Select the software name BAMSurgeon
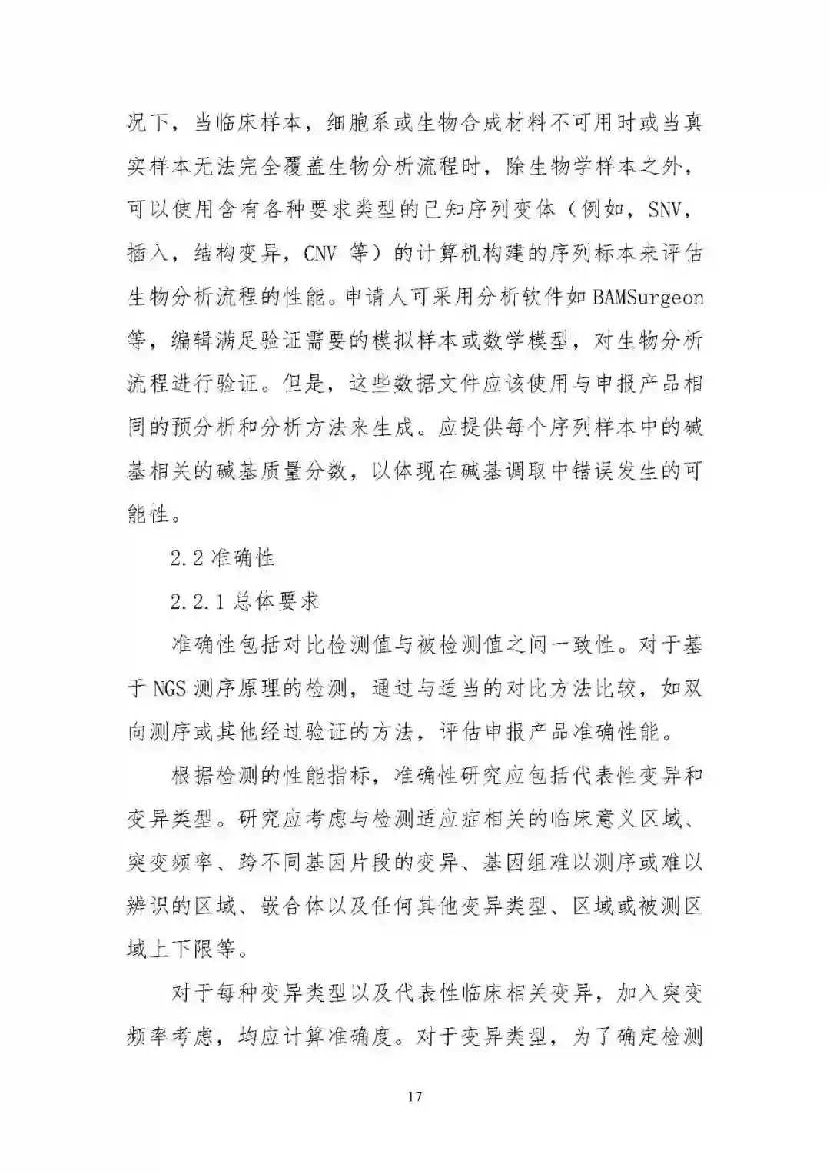648,297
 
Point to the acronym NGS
168,688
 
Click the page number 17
415,1096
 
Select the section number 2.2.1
197,601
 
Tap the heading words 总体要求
275,601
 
